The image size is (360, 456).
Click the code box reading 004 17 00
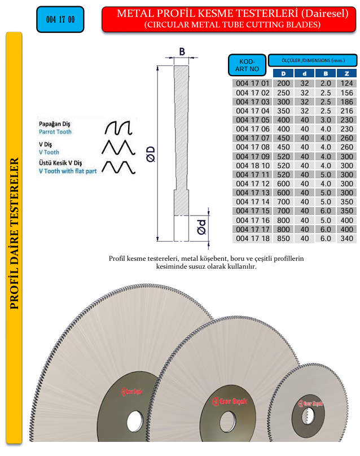tap(60, 20)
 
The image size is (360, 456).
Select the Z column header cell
tap(346, 73)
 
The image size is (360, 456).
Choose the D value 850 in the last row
tap(283, 238)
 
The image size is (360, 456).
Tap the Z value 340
tap(346, 238)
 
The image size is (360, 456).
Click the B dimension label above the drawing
tap(182, 52)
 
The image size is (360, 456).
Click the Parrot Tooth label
tap(55, 131)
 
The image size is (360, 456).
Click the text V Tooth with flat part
tap(67, 171)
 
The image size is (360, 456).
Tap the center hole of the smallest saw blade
tap(309, 416)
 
